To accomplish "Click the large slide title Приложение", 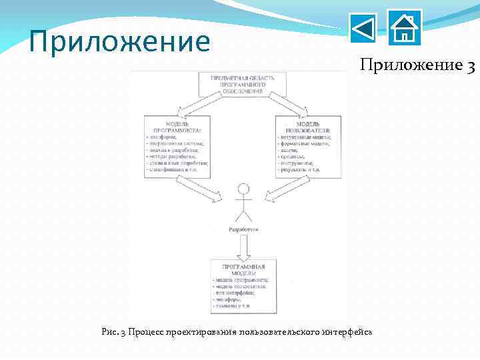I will click(120, 41).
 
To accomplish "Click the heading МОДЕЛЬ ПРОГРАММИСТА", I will click(177, 126).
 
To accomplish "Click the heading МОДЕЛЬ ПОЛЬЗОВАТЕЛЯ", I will click(309, 126).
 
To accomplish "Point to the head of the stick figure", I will click(244, 189).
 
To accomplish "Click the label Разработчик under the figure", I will click(244, 229).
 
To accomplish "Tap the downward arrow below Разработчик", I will click(244, 247).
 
